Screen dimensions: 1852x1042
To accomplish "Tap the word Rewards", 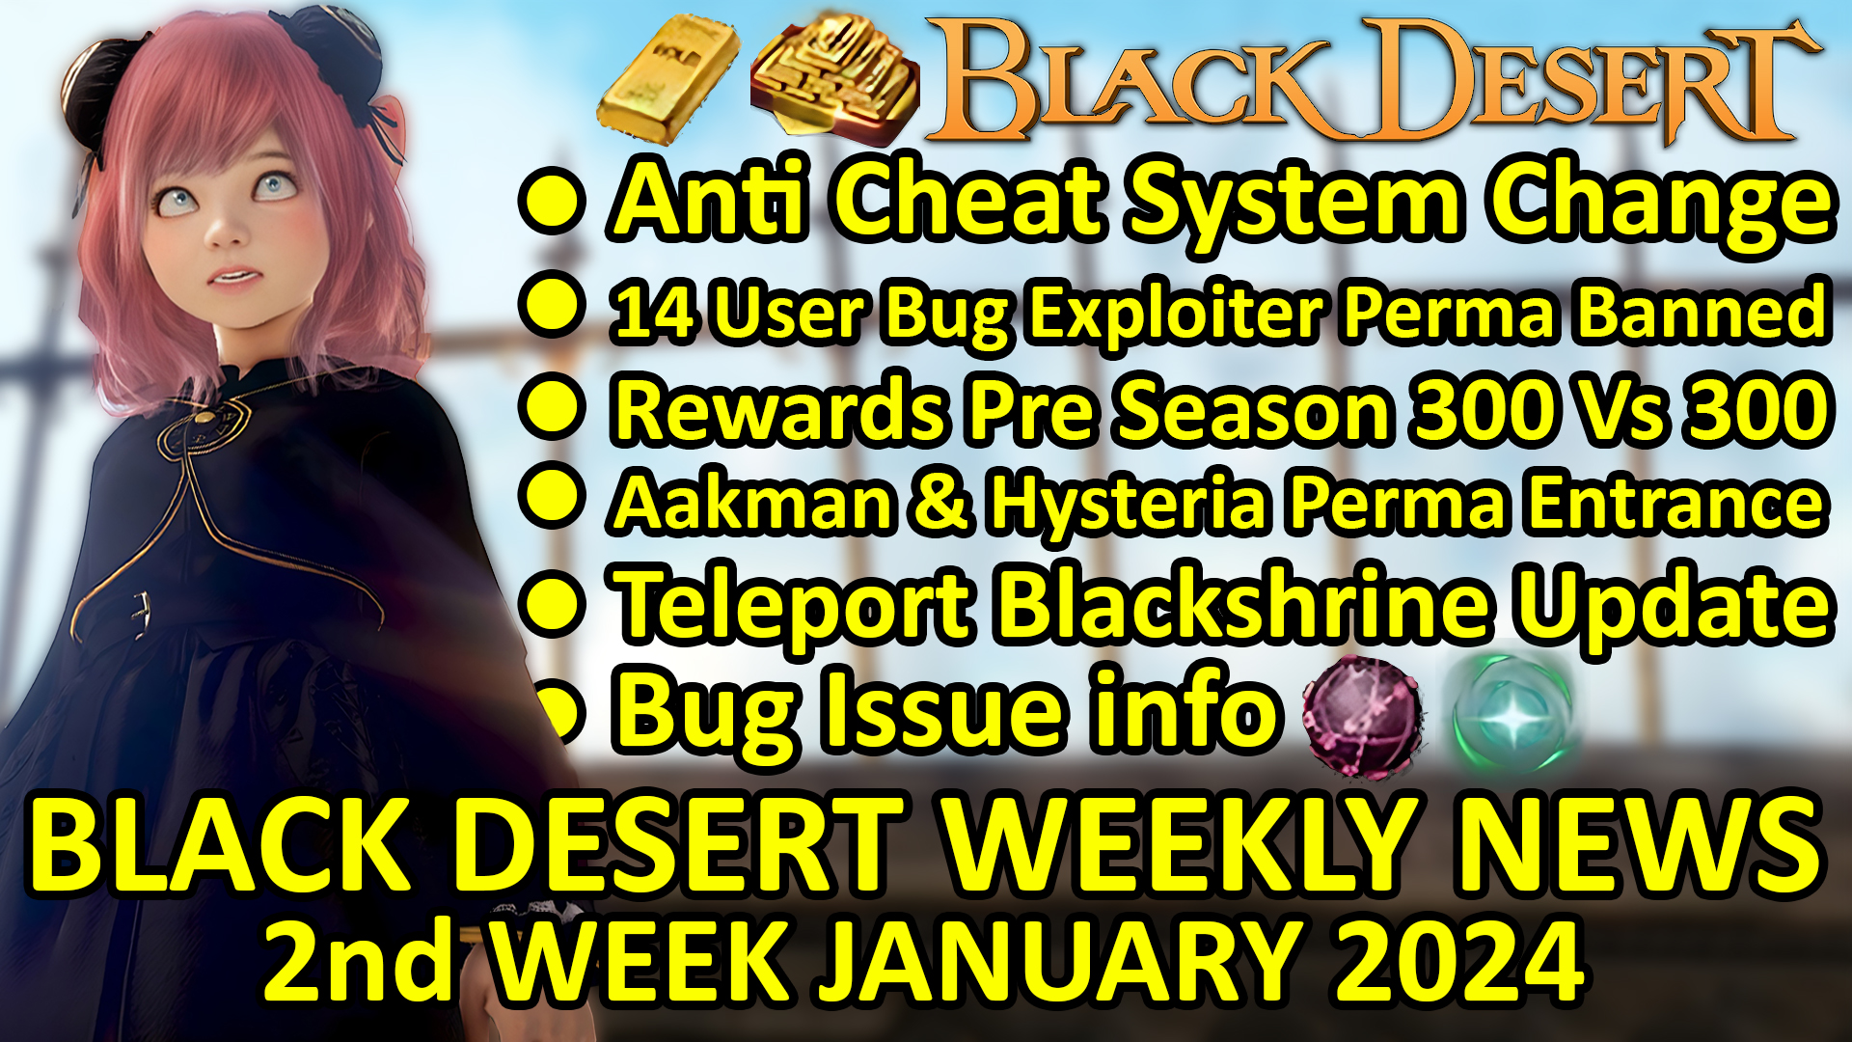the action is (x=781, y=409).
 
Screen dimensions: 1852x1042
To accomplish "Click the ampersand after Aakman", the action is (x=940, y=504).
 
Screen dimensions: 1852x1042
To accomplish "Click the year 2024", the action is (x=1460, y=961).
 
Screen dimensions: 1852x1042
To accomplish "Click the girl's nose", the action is (x=226, y=232).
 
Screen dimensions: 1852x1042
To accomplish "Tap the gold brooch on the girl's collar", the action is (x=204, y=421).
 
